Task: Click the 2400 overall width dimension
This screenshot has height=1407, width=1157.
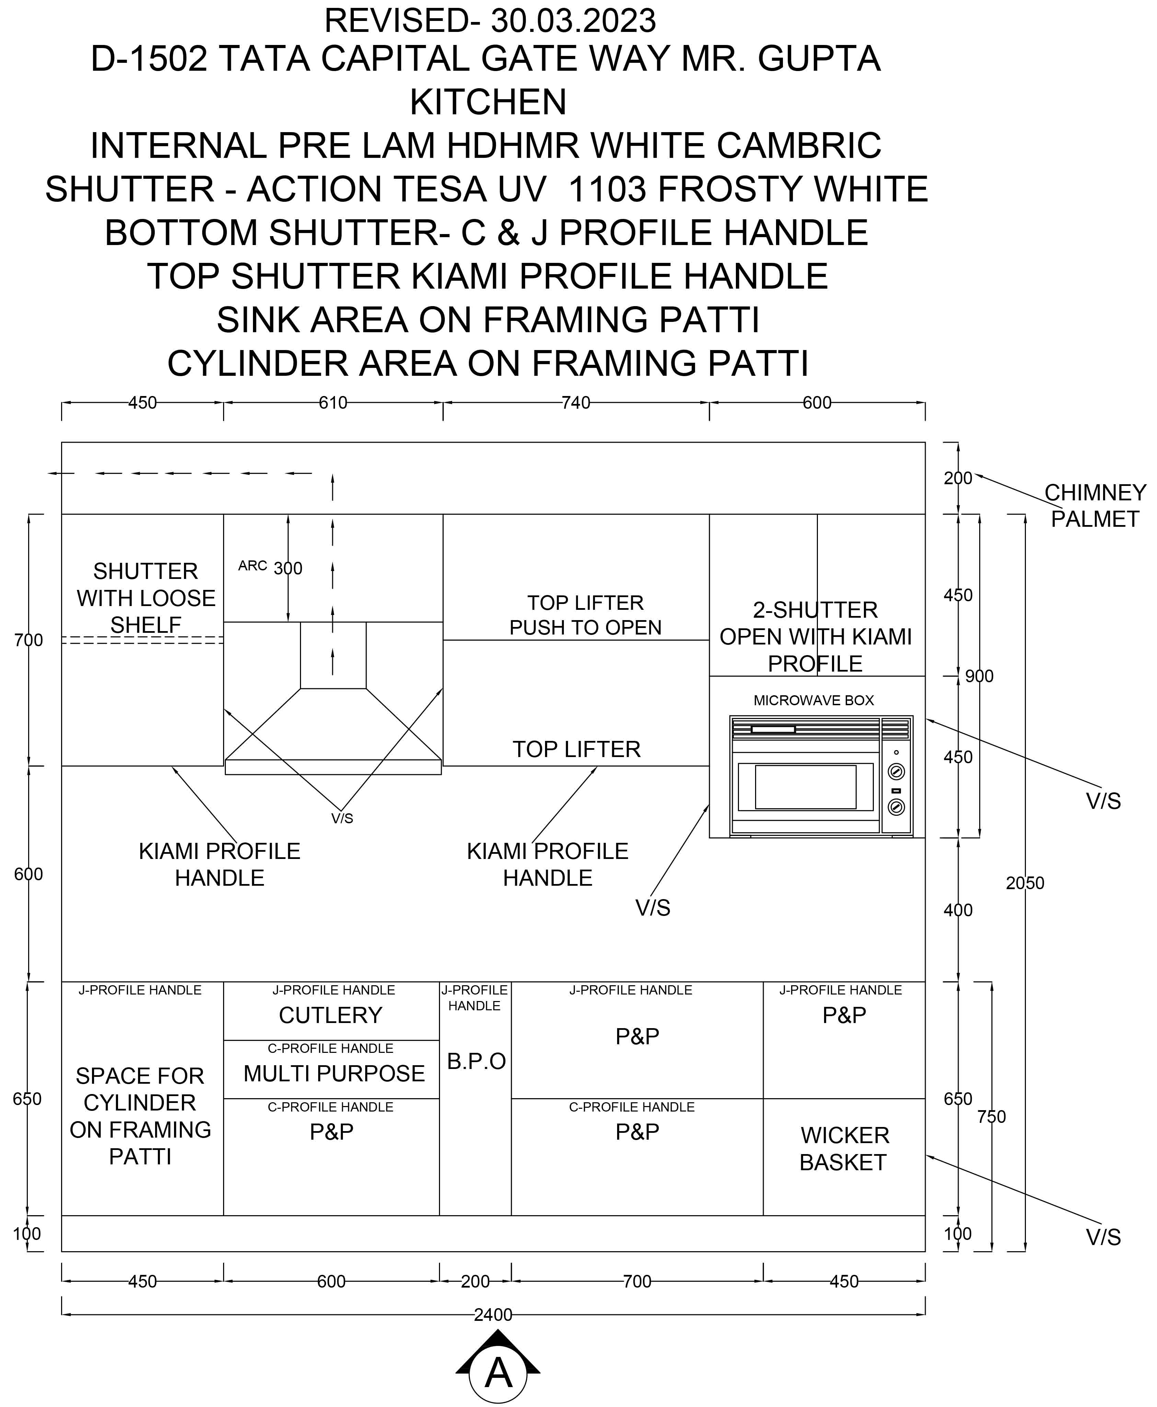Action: click(493, 1314)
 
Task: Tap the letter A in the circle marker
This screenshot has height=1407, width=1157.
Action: click(498, 1374)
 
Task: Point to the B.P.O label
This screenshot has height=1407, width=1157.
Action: click(476, 1061)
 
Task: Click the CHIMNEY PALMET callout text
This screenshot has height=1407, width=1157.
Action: click(1095, 505)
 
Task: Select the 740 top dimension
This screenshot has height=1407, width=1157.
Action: click(576, 403)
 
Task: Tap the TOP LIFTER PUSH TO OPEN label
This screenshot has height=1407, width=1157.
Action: click(585, 615)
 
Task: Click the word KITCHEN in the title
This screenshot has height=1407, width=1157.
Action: click(488, 102)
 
